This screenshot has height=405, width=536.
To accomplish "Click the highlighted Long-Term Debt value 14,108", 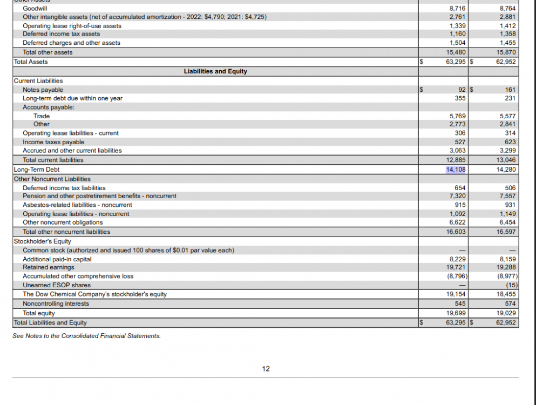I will pyautogui.click(x=456, y=170).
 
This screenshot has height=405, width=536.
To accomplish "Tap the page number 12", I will pyautogui.click(x=266, y=369).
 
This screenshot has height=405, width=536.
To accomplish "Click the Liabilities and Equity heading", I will pyautogui.click(x=215, y=71).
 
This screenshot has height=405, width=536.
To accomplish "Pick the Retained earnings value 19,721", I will pyautogui.click(x=457, y=267).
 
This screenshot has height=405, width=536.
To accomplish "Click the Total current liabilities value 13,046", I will pyautogui.click(x=506, y=160).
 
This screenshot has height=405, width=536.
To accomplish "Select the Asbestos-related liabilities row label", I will pyautogui.click(x=77, y=205).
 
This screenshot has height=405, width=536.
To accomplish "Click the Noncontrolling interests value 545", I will pyautogui.click(x=460, y=303).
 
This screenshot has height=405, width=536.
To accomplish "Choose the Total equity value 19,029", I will pyautogui.click(x=506, y=313).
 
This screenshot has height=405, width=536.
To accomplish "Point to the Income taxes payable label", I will pyautogui.click(x=53, y=142).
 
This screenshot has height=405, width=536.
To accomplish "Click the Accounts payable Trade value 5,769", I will pyautogui.click(x=457, y=116).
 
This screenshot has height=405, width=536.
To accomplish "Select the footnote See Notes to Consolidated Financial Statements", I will pyautogui.click(x=86, y=336).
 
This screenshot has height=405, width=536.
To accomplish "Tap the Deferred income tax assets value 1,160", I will pyautogui.click(x=457, y=34).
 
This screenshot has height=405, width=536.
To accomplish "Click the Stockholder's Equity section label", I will pyautogui.click(x=42, y=241).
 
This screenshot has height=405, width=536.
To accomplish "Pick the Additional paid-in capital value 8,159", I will pyautogui.click(x=508, y=259).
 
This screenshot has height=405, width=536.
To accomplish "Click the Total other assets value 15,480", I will pyautogui.click(x=456, y=52).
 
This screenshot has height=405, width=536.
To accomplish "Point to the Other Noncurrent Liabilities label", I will pyautogui.click(x=52, y=179).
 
